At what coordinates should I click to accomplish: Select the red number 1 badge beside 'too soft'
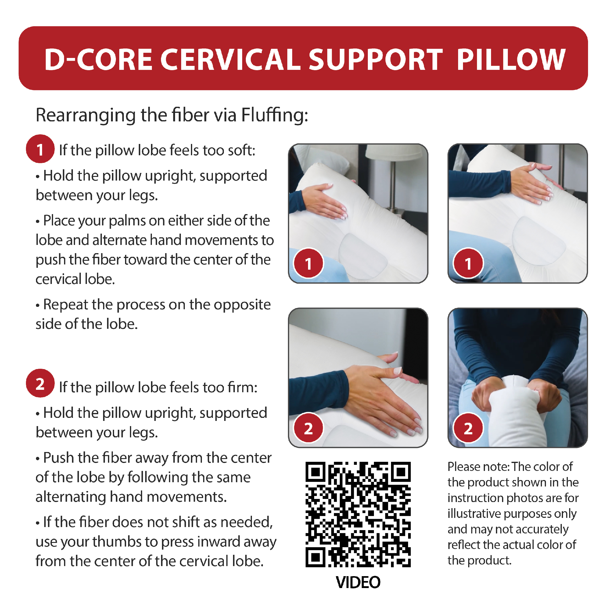(x=40, y=149)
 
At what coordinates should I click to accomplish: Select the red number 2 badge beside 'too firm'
(x=40, y=383)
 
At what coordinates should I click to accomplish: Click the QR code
(x=358, y=514)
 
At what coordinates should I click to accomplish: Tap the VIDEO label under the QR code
(x=358, y=582)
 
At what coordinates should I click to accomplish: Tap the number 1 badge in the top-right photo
(x=468, y=263)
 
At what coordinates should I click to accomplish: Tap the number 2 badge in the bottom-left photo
(x=308, y=428)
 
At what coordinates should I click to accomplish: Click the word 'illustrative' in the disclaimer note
(x=474, y=514)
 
